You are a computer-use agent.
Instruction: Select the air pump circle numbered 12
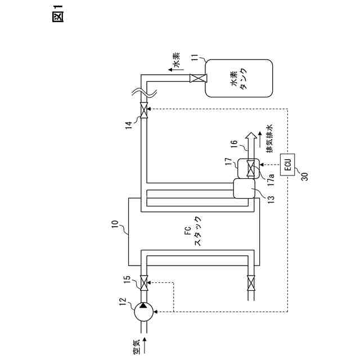[x=142, y=310]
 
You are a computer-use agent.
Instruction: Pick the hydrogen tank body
[x=238, y=79]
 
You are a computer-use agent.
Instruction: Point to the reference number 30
[x=305, y=177]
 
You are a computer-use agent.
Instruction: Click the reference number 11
[x=194, y=57]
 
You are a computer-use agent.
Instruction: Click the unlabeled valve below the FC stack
[x=250, y=283]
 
